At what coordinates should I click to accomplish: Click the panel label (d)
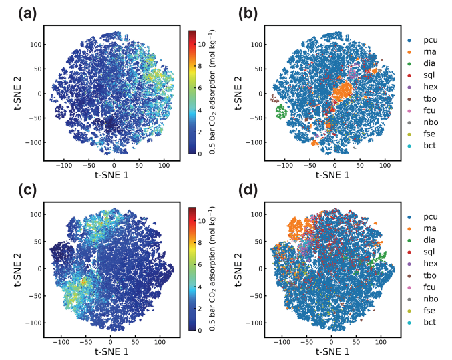(x=244, y=192)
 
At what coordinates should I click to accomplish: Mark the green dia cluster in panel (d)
(x=381, y=257)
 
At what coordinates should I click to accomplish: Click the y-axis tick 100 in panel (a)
(x=35, y=45)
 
